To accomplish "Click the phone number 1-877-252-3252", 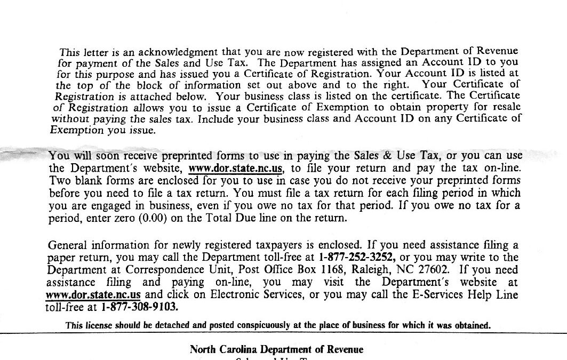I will click(x=357, y=257).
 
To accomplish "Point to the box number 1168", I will click(x=334, y=269).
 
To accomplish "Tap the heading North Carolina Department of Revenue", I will click(x=276, y=350).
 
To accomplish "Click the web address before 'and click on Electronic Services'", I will click(x=94, y=294).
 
